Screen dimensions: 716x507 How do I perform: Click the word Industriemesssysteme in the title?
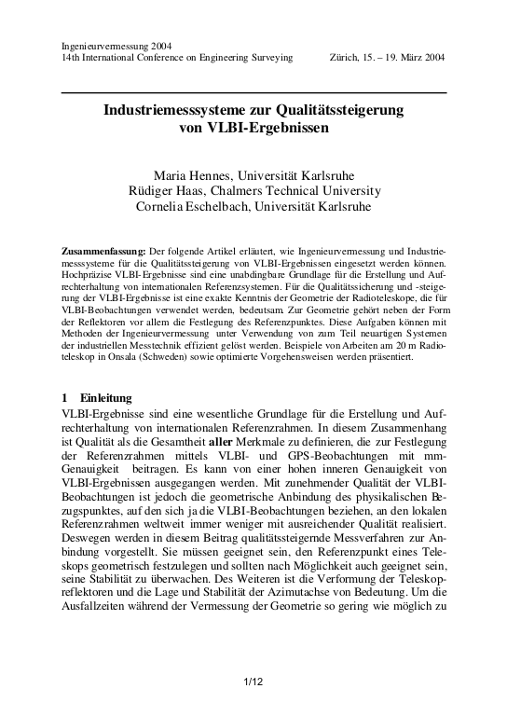(x=172, y=110)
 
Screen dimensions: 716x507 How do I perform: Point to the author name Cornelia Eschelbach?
(x=195, y=206)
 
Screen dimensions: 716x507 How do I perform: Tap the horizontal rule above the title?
(x=253, y=93)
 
